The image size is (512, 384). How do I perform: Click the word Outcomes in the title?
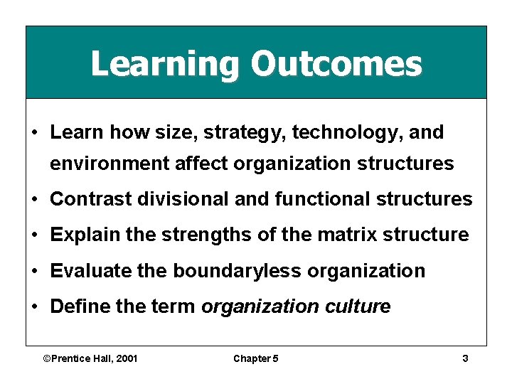tap(336, 63)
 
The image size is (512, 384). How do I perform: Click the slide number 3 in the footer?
tap(465, 358)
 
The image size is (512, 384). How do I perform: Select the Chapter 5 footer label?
tap(256, 358)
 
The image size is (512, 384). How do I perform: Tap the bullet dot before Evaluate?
tap(35, 271)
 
